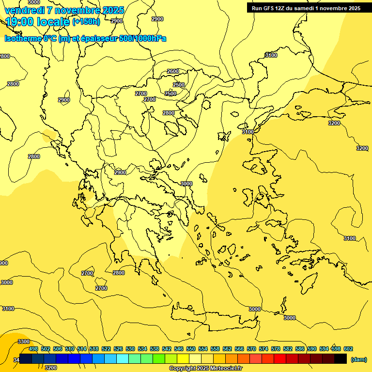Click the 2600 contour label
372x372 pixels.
pos(173,71)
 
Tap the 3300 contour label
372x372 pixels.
pos(23,341)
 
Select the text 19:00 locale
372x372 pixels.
pos(38,22)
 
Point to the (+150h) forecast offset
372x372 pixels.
pos(86,22)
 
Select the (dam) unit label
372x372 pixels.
pos(358,359)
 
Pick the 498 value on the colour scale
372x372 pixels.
pos(33,349)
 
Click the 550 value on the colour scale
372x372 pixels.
pos(191,349)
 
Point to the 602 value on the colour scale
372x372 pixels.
pos(348,349)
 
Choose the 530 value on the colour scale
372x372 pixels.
pos(130,349)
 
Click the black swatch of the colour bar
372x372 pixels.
pos(341,359)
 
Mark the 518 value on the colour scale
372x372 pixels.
pos(94,349)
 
